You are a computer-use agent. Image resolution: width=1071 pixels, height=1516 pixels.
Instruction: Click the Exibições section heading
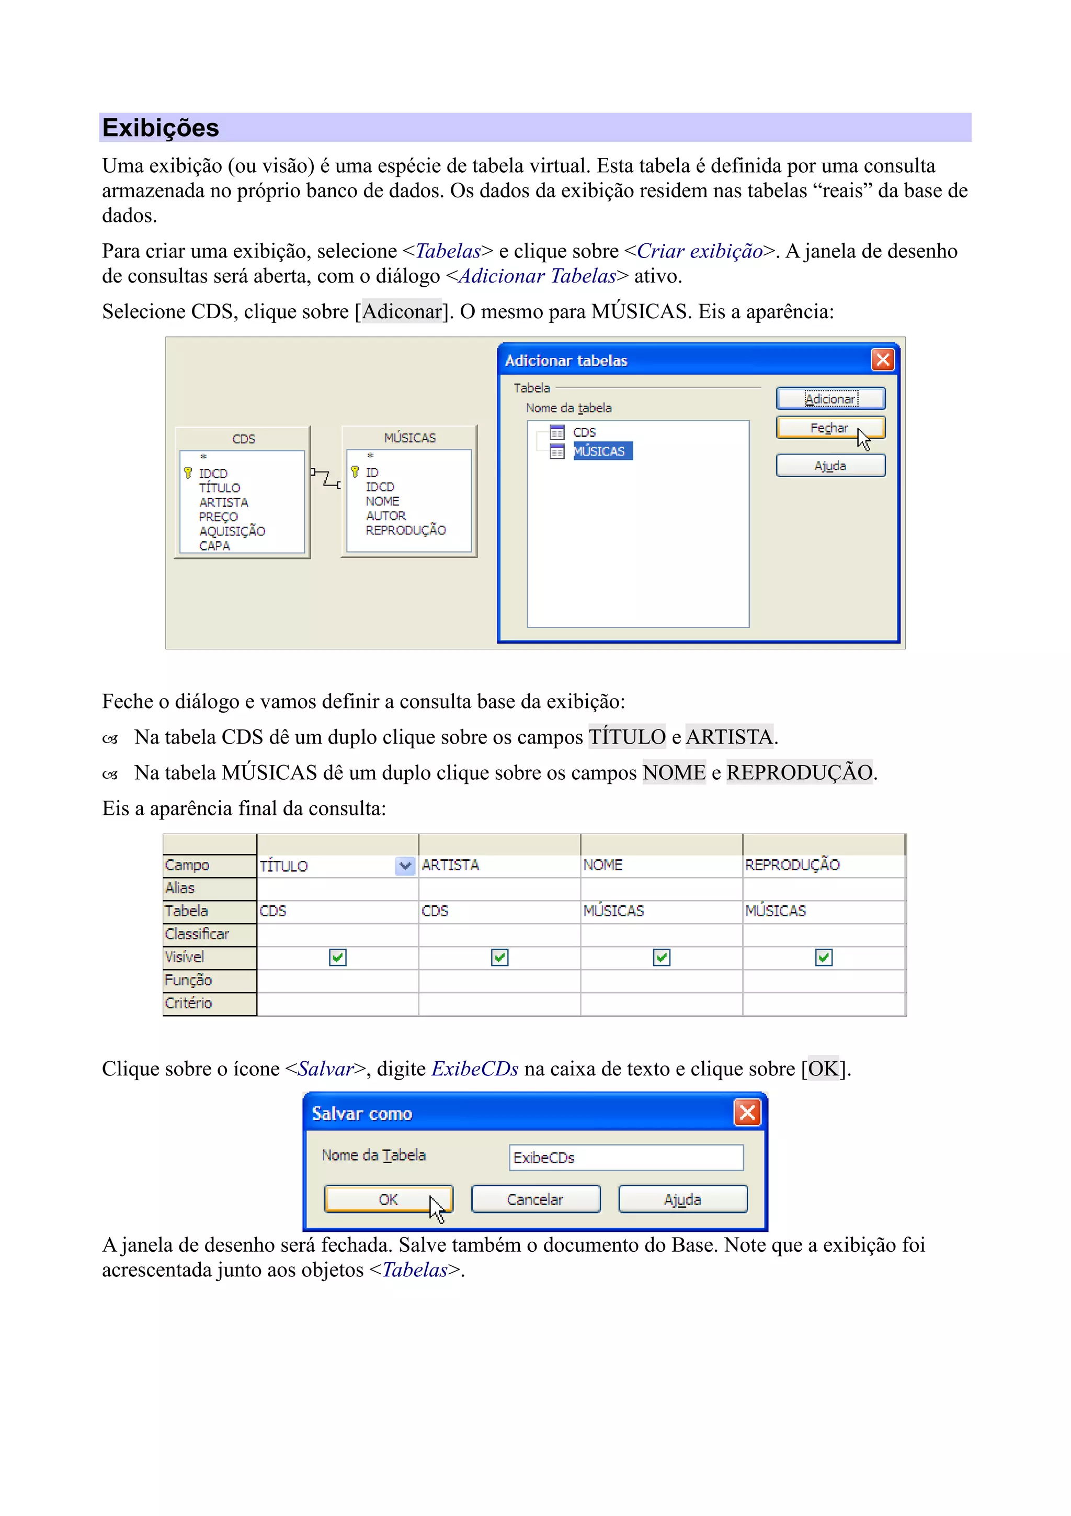tap(161, 128)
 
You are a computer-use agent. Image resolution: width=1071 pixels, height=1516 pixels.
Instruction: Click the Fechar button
tap(829, 428)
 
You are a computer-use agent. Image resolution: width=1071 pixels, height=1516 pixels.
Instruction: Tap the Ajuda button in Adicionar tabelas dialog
tap(829, 466)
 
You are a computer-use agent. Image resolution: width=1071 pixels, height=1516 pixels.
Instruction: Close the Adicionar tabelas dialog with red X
tap(882, 360)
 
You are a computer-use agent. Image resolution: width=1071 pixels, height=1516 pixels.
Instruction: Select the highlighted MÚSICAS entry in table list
tap(599, 451)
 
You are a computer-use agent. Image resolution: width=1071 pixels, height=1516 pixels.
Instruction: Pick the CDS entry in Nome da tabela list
tap(584, 432)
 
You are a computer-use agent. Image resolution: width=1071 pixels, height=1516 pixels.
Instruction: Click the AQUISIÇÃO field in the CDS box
tap(232, 531)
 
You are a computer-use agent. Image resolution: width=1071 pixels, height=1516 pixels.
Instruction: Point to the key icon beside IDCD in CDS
tap(188, 473)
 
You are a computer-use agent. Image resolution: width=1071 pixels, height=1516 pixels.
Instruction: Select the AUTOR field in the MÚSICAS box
tap(386, 515)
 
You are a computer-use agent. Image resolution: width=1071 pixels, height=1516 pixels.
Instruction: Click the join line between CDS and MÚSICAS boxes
tap(326, 478)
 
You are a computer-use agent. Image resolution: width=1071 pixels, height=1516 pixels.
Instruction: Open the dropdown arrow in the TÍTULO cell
tap(405, 866)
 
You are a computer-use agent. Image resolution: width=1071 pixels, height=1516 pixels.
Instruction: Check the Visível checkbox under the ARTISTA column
tap(499, 958)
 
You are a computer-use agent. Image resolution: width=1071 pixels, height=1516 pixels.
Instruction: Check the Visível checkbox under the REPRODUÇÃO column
tap(824, 958)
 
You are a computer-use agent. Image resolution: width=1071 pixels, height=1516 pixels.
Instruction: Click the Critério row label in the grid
tap(189, 1003)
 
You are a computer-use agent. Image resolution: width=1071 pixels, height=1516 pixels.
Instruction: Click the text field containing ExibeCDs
tap(625, 1158)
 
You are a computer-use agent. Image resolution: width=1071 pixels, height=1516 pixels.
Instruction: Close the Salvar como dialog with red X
tap(747, 1113)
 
